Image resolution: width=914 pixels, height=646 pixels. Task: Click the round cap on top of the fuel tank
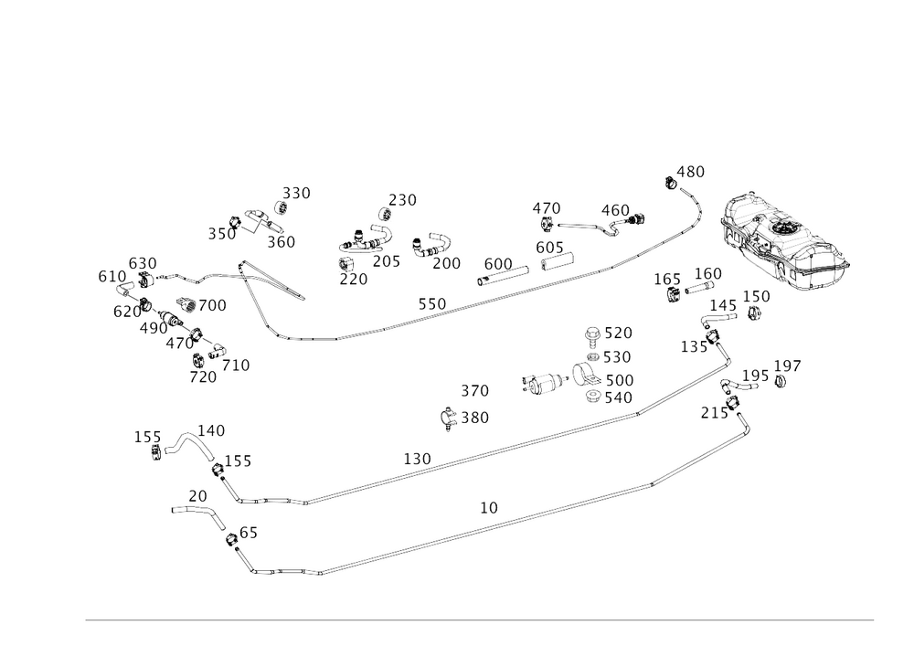[x=784, y=225]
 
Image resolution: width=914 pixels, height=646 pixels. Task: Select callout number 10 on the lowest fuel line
[x=489, y=505]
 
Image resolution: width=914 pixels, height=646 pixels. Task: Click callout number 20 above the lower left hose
[x=198, y=494]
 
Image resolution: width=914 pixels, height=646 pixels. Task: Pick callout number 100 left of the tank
[x=710, y=273]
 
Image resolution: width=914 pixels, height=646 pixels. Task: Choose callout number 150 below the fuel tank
[x=756, y=296]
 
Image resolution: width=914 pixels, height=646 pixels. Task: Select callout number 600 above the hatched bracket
[x=498, y=262]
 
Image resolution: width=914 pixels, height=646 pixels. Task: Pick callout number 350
[x=297, y=192]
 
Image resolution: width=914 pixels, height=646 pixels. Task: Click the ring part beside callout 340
[x=595, y=397]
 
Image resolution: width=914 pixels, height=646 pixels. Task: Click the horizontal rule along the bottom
[x=480, y=620]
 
